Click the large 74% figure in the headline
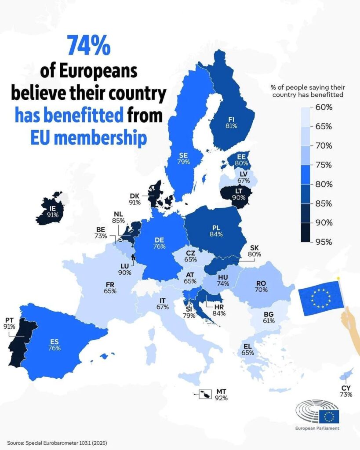tap(89, 45)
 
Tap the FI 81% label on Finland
tap(231, 123)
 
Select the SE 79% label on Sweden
tap(183, 158)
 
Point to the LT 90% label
tap(239, 194)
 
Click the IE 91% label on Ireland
tap(53, 211)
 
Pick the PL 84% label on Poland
tap(216, 231)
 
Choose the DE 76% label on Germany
tap(159, 243)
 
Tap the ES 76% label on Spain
tap(54, 345)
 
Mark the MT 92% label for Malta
tap(222, 395)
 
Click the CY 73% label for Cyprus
tap(346, 391)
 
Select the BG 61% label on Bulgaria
tap(269, 317)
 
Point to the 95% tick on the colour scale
tap(324, 242)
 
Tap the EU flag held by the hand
tap(321, 298)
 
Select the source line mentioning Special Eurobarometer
tap(57, 443)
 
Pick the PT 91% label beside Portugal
tap(9, 323)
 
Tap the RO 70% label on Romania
tap(261, 287)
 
